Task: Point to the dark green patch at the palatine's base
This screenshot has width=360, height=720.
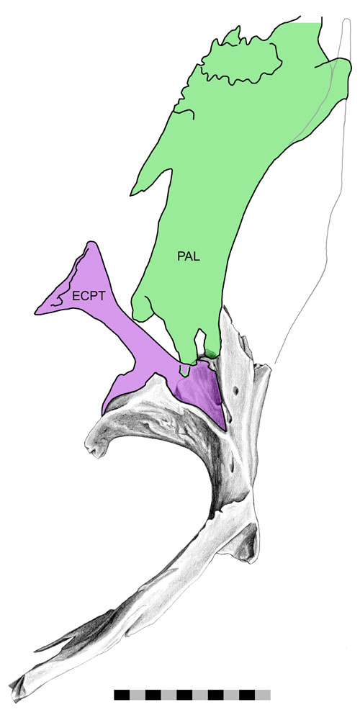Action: (x=211, y=354)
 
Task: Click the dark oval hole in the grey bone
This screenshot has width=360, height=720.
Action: (x=236, y=391)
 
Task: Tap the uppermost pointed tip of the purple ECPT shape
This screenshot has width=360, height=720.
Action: (x=91, y=243)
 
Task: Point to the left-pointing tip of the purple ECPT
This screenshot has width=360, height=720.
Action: (x=37, y=313)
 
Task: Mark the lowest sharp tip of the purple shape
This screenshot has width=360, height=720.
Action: (x=225, y=429)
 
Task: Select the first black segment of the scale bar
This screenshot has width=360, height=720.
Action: (x=122, y=694)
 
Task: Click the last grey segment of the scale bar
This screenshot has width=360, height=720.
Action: (x=263, y=694)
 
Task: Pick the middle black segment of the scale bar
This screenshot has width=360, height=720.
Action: (x=184, y=694)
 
